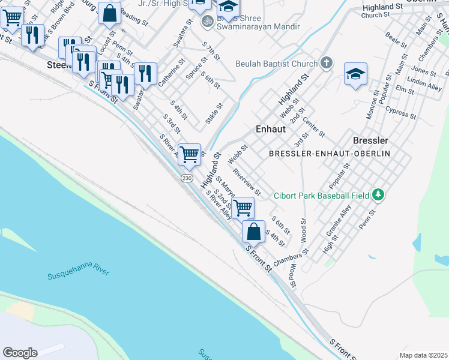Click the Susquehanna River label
pos(79,274)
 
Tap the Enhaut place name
pos(269,128)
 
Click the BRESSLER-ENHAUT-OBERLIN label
pos(330,154)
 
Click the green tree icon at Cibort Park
pos(378,194)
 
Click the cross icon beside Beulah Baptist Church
pos(326,62)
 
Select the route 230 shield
pos(187,178)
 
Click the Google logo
pos(20,353)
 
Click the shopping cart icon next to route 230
pos(190,154)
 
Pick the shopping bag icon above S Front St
pos(253,231)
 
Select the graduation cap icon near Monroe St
pos(355,74)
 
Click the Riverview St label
pos(247,182)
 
